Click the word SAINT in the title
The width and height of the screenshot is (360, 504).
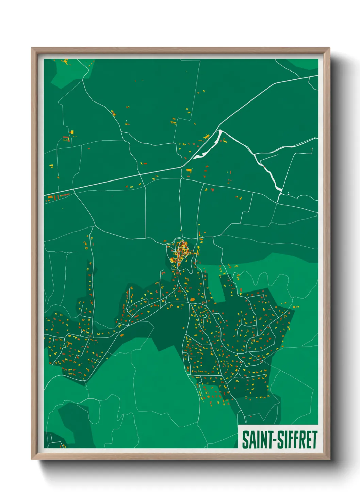[x=257, y=440]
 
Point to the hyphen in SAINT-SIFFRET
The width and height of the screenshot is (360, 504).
[x=274, y=440]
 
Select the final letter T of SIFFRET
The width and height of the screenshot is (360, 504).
[x=314, y=440]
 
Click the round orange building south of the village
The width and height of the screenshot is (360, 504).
[x=192, y=300]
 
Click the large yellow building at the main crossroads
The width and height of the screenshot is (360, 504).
[x=189, y=170]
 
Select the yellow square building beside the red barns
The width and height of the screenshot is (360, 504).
[x=72, y=132]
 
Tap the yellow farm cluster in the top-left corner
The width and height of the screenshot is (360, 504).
[x=66, y=62]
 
